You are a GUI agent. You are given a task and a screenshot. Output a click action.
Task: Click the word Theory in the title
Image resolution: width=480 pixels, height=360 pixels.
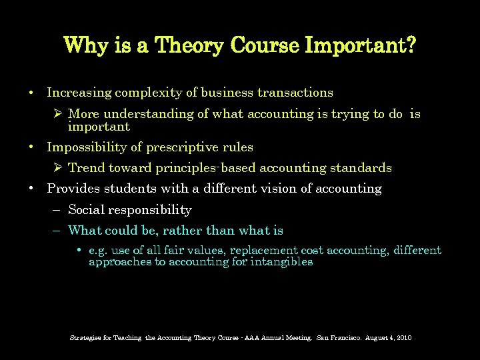pyautogui.click(x=190, y=46)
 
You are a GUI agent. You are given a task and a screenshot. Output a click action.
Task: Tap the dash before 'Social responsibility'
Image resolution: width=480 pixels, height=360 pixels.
pyautogui.click(x=57, y=210)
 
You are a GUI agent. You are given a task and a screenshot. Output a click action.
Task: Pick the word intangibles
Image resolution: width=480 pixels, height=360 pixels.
pyautogui.click(x=281, y=262)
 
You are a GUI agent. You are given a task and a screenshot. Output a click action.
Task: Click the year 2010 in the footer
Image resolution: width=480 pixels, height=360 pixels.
pyautogui.click(x=404, y=338)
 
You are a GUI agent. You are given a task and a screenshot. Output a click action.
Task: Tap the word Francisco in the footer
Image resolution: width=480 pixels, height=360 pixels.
pyautogui.click(x=345, y=338)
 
